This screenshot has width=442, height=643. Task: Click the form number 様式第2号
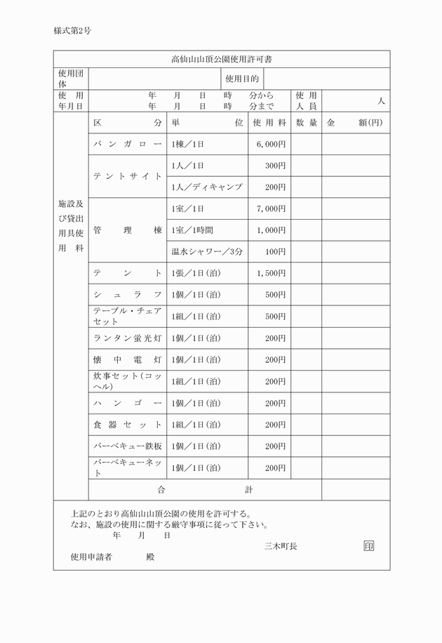[x=72, y=31]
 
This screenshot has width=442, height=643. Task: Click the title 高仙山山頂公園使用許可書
[x=222, y=59]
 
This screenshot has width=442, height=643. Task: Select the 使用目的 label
[x=242, y=79]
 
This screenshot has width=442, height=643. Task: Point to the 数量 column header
[x=306, y=123]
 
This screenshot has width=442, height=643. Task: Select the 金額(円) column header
[x=355, y=123]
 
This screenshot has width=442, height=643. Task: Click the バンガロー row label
[x=128, y=144]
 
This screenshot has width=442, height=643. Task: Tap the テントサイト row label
[x=128, y=176]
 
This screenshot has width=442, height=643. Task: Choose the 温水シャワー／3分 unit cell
[x=207, y=251]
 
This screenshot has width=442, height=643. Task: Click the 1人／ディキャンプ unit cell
[x=207, y=187]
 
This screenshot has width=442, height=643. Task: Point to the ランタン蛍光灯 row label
[x=128, y=338]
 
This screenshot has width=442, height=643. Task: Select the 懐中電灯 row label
[x=128, y=360]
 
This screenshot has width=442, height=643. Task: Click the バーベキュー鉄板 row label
[x=128, y=446]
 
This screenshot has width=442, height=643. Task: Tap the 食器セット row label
[x=128, y=425]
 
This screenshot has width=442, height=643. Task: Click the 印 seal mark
[x=369, y=545]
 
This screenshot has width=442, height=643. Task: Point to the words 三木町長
[x=280, y=546]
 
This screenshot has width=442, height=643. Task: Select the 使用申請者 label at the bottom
[x=91, y=557]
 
